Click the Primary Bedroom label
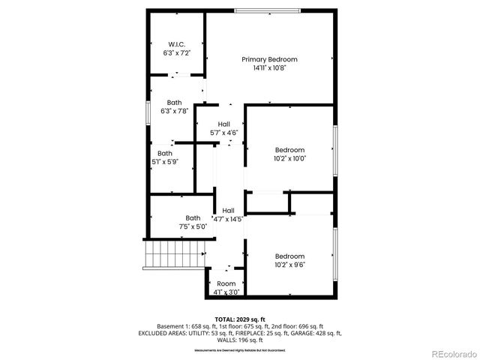(x=269, y=59)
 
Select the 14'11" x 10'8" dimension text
(x=269, y=67)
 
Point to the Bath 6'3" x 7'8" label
(x=175, y=106)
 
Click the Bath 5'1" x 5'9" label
(x=164, y=157)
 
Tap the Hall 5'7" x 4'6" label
(x=223, y=128)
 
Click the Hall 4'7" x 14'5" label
(x=228, y=215)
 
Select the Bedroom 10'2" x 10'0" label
(x=289, y=154)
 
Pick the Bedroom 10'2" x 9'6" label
(x=289, y=259)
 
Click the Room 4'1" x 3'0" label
(x=226, y=287)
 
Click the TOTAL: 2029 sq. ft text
(x=239, y=319)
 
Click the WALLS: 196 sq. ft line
(x=239, y=340)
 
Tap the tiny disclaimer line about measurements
(x=239, y=350)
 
